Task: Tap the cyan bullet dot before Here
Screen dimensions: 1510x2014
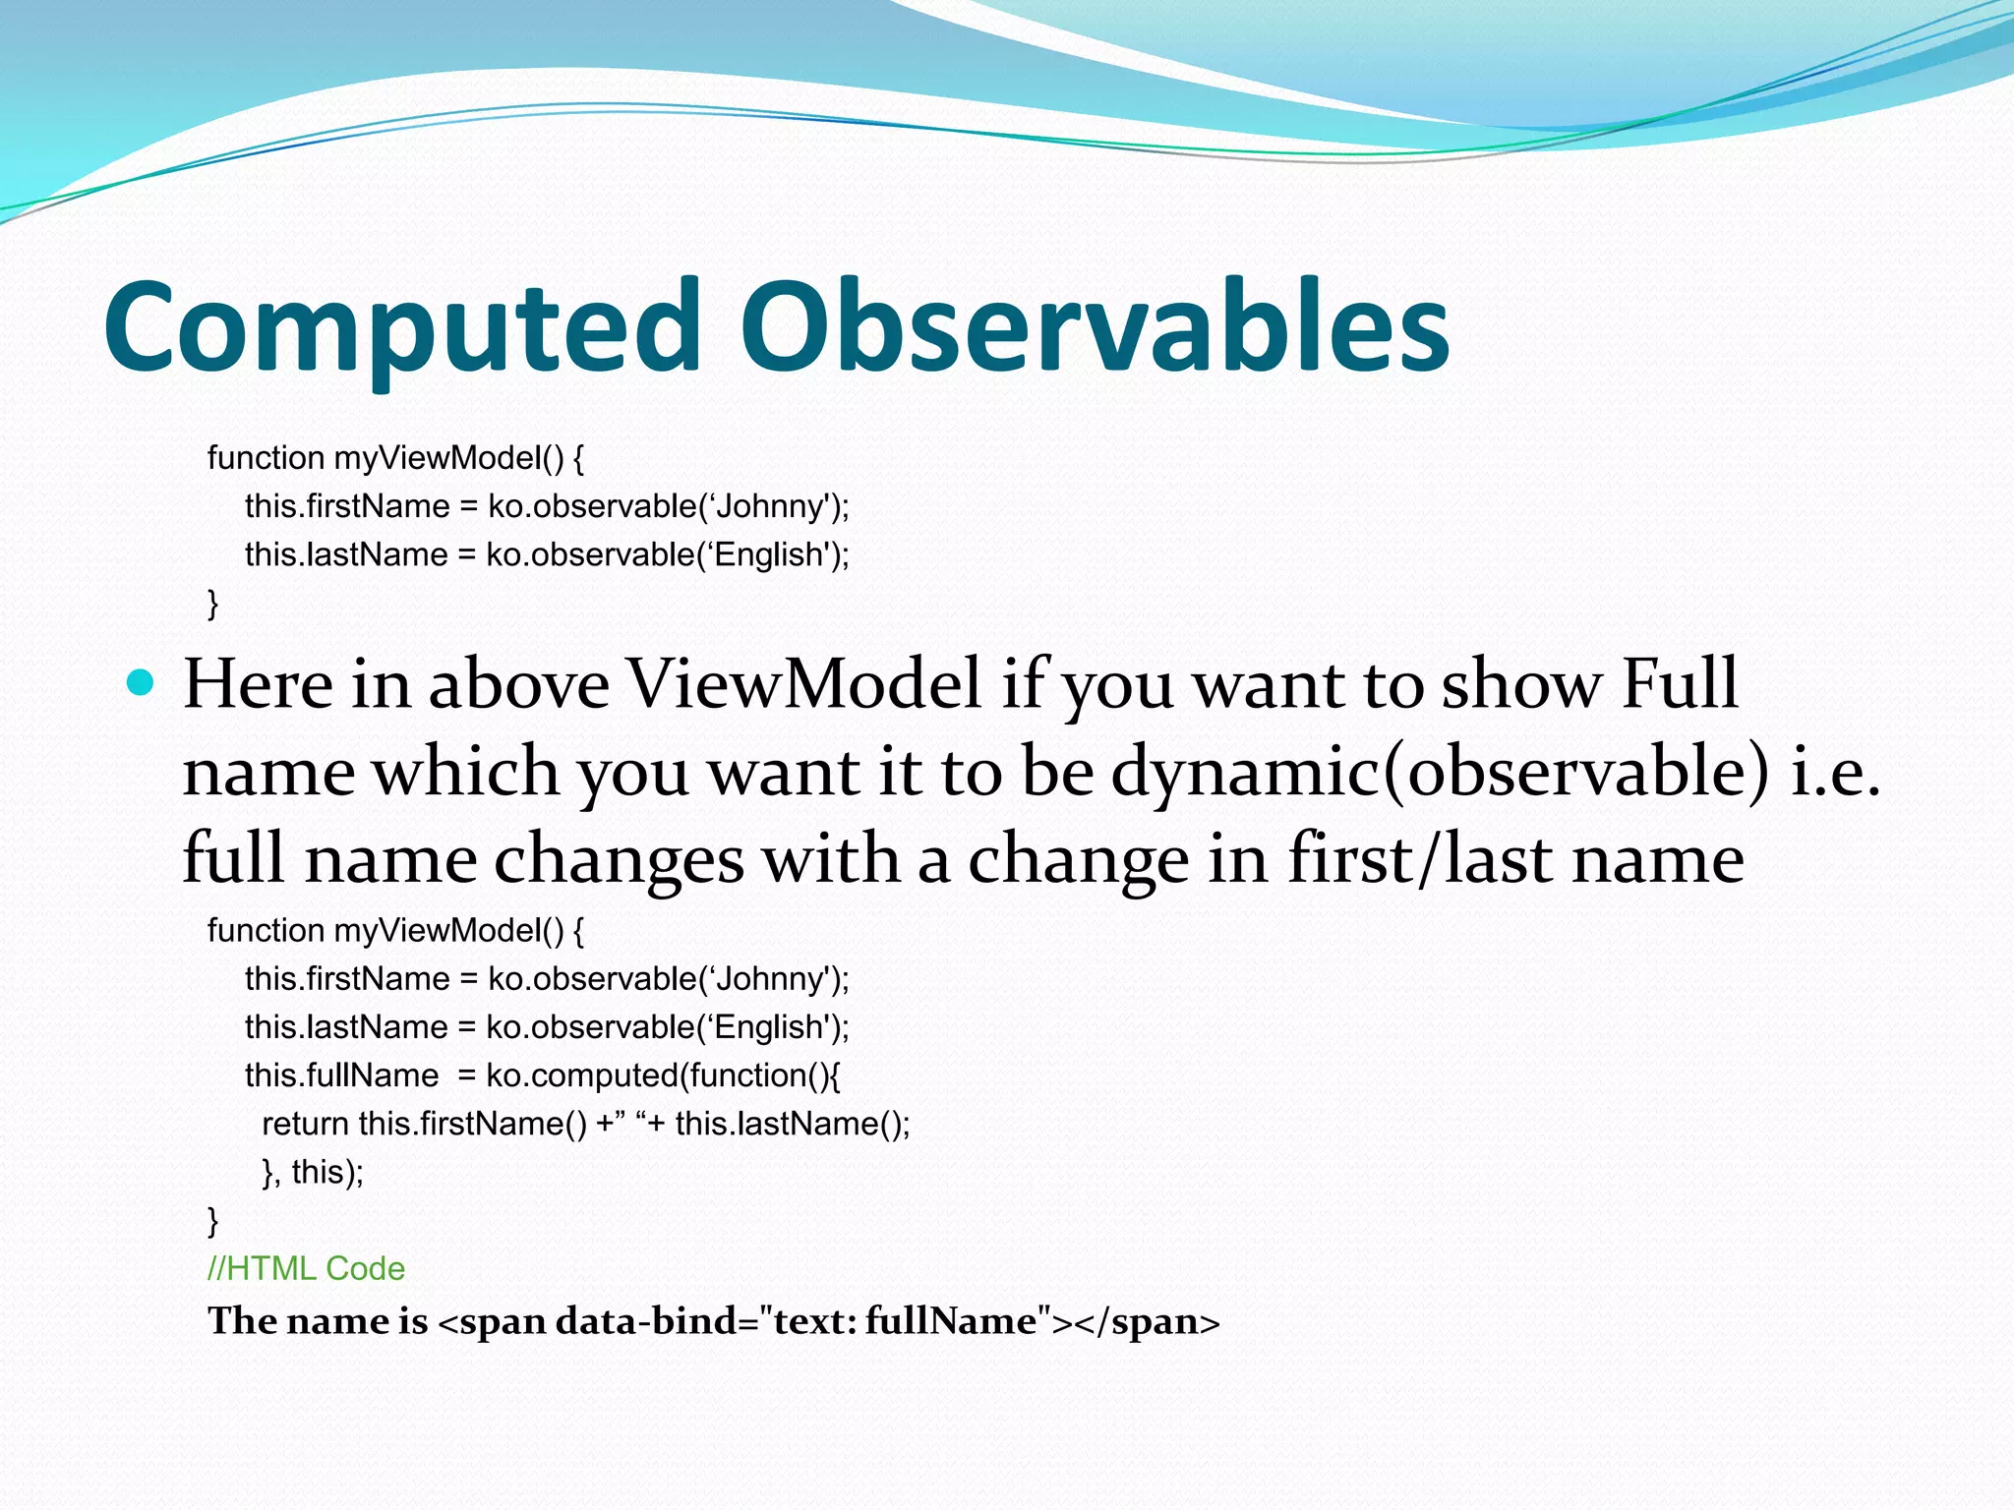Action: [142, 682]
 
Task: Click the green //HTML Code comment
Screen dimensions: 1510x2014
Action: [306, 1269]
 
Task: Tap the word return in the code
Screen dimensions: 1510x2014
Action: [305, 1124]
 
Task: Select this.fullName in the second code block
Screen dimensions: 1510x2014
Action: [341, 1075]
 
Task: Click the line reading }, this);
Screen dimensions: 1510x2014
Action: [313, 1172]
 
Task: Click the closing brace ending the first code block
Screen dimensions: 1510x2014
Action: [212, 603]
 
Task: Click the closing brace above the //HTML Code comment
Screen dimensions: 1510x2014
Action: [212, 1221]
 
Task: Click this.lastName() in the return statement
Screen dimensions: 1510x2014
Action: [792, 1124]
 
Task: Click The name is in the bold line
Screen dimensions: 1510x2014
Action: [317, 1321]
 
